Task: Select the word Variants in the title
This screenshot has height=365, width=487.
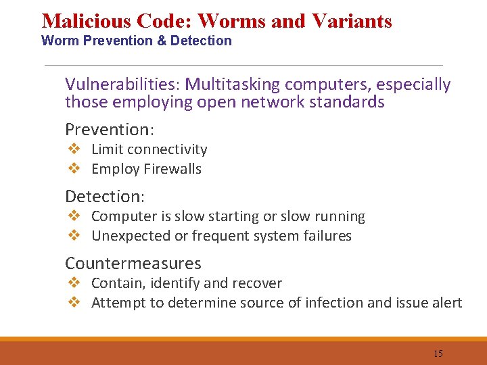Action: pyautogui.click(x=352, y=21)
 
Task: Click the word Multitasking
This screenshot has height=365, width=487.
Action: pyautogui.click(x=233, y=84)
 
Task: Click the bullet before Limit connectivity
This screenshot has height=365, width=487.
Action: pyautogui.click(x=74, y=149)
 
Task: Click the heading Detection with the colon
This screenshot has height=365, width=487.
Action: pyautogui.click(x=105, y=196)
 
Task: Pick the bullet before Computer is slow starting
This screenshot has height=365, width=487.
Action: pyautogui.click(x=74, y=216)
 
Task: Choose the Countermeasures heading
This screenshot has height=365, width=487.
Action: pyautogui.click(x=133, y=263)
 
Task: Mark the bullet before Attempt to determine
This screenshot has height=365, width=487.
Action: pyautogui.click(x=74, y=303)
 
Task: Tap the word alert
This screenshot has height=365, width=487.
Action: pyautogui.click(x=446, y=303)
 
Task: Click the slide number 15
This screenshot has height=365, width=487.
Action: pyautogui.click(x=438, y=354)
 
